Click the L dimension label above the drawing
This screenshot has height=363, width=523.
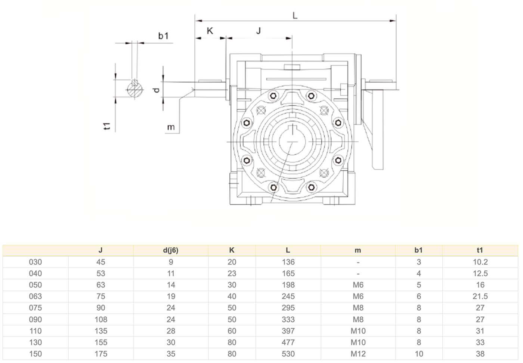point(295,15)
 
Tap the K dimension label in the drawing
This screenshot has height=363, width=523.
point(210,31)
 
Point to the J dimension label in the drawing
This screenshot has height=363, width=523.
point(259,31)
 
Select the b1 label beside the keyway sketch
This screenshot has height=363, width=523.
point(163,36)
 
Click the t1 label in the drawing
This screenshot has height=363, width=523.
point(107,126)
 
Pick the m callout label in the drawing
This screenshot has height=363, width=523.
point(171,127)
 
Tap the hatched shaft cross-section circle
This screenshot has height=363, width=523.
point(135,90)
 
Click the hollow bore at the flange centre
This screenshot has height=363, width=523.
point(292,142)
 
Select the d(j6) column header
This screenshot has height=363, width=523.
point(171,250)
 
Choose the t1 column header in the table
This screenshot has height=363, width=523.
point(480,250)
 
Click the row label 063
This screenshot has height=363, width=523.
point(35,296)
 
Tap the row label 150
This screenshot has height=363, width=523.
point(35,354)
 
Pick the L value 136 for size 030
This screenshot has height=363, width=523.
point(288,262)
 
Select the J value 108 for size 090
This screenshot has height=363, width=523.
point(100,319)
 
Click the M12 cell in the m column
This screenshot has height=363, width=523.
point(358,354)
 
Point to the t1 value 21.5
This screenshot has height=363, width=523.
point(480,296)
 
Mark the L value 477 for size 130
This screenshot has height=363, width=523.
point(288,342)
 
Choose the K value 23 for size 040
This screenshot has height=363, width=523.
point(232,273)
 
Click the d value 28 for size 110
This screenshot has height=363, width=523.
point(171,331)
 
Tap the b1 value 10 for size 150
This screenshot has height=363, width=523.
point(419,354)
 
